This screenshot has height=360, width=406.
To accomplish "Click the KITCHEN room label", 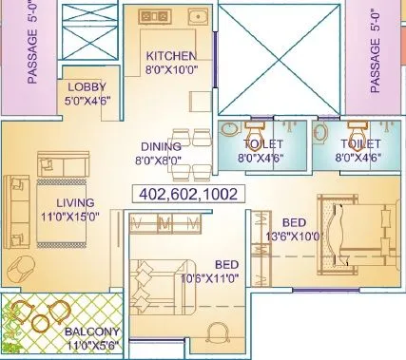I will pos(171,56).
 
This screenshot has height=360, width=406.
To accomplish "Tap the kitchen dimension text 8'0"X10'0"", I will pos(171,69).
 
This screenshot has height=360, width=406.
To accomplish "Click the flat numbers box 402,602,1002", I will pos(187,194).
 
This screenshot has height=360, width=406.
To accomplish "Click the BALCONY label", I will pos(92,333).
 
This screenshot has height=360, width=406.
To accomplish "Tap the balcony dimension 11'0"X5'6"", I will pos(92,347).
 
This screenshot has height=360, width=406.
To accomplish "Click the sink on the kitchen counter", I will pos(198,16).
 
